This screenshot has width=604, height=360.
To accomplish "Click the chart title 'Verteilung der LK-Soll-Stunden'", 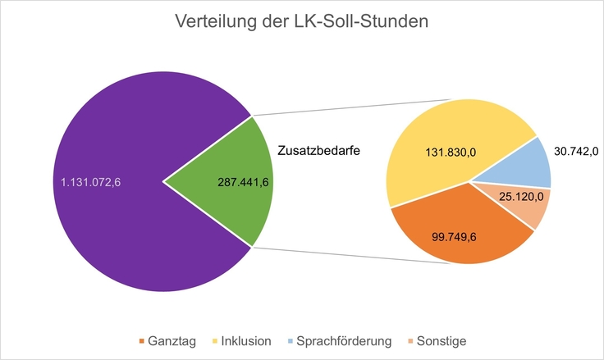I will (301, 23).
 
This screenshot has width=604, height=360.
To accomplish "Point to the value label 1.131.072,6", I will (91, 182).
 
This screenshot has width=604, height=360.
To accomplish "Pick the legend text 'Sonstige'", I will (442, 341).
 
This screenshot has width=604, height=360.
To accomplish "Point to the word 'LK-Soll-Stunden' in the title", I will (369, 23).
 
